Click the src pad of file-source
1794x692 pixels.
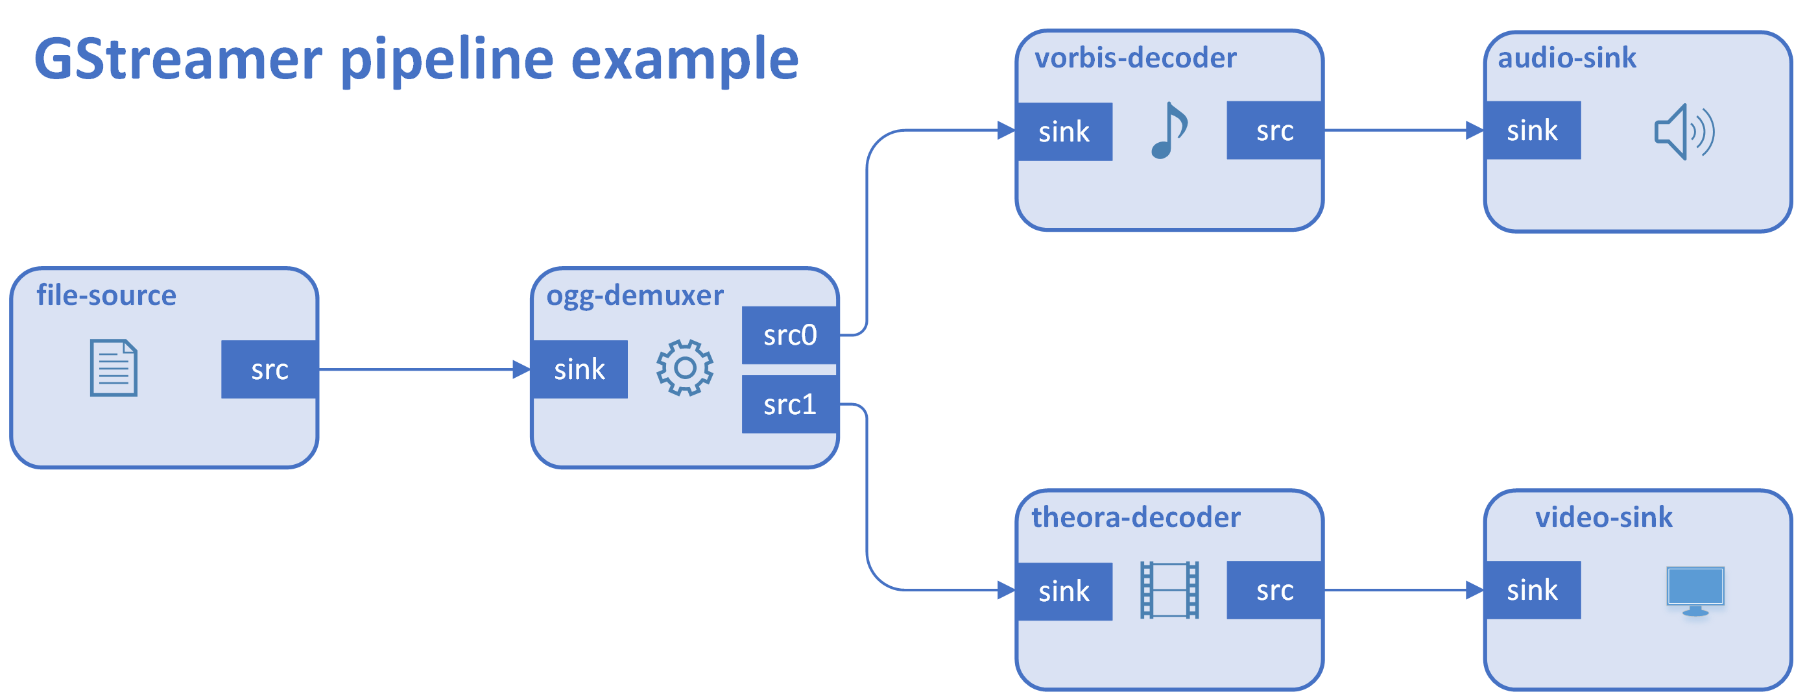point(270,369)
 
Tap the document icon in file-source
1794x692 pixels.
point(114,368)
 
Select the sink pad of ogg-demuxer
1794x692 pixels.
point(579,369)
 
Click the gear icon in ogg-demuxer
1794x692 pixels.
point(685,368)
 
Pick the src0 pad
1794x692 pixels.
point(790,335)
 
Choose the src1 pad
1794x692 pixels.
point(790,404)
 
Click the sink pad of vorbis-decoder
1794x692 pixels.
point(1064,132)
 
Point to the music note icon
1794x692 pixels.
point(1169,130)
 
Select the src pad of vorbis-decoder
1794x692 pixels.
point(1274,130)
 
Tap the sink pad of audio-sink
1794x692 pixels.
point(1533,130)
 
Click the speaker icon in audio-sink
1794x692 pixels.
point(1684,132)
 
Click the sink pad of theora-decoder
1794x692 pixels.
point(1064,591)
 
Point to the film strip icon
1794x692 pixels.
point(1169,590)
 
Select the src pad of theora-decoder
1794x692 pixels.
point(1274,590)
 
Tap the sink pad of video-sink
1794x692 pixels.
point(1533,590)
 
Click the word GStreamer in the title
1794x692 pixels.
point(178,60)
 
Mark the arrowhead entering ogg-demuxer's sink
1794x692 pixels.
point(521,369)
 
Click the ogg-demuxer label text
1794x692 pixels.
point(635,296)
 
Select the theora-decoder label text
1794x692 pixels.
point(1136,517)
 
